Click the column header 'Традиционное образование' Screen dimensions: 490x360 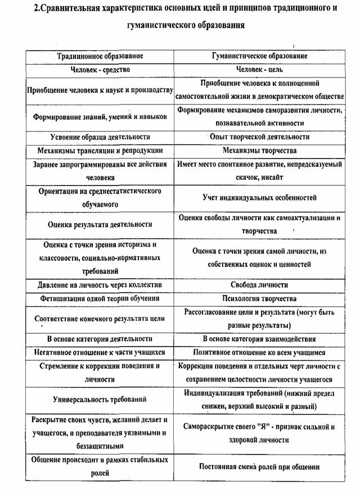100,56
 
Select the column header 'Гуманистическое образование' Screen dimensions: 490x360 259,56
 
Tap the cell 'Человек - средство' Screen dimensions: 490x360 100,70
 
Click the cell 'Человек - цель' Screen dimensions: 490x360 259,70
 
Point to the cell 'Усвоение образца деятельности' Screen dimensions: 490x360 100,137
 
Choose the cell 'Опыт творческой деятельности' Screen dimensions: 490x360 259,137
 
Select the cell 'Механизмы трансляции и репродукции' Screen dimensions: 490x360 100,151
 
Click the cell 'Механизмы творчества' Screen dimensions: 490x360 259,151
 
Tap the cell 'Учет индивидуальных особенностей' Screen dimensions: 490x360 259,198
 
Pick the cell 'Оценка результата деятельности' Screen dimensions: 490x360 100,224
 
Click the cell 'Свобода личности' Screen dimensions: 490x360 259,285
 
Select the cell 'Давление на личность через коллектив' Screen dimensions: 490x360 100,285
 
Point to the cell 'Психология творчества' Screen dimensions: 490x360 259,298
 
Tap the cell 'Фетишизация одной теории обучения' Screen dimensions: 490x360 100,298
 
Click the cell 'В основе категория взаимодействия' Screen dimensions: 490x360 259,339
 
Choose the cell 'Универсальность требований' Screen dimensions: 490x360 100,400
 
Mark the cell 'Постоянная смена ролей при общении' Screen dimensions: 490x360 259,466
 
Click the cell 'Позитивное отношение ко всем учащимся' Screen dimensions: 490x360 259,352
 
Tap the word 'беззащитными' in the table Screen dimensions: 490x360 100,446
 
